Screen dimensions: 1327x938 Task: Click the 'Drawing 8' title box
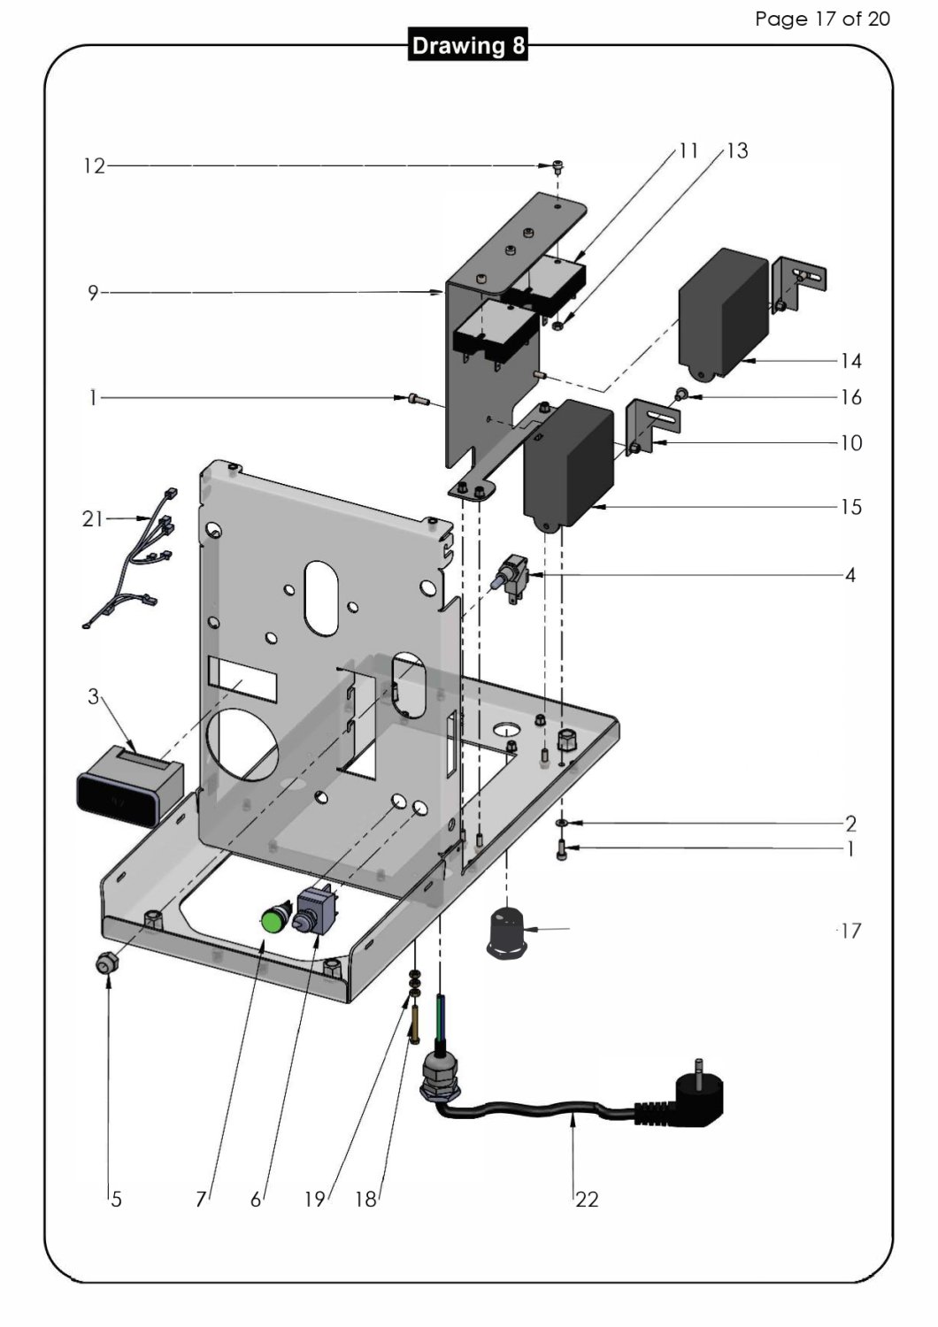point(468,45)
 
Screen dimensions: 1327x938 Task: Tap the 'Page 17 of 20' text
point(822,19)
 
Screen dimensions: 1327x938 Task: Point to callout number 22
point(587,1200)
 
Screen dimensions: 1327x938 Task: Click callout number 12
point(94,166)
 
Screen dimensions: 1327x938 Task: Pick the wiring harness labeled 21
point(133,557)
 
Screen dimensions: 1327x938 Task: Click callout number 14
point(850,361)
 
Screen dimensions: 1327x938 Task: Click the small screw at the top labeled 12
point(557,165)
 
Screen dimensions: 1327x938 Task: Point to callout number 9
point(92,293)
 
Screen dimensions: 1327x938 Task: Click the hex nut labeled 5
point(108,964)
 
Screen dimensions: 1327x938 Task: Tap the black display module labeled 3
point(129,786)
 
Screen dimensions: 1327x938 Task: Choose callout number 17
point(850,931)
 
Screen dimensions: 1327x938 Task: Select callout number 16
point(850,397)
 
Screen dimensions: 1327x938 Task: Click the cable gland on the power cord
point(437,1072)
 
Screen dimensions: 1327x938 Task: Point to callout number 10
point(850,443)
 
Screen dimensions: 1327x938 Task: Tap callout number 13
point(737,151)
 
